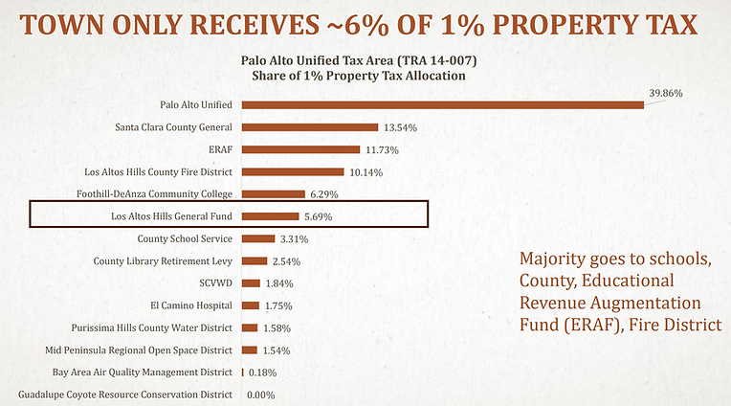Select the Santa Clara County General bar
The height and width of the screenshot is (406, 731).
310,127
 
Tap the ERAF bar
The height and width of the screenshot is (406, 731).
301,149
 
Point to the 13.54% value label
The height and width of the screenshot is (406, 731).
400,127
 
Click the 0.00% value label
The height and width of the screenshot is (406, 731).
262,395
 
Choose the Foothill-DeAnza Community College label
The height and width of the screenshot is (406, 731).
155,194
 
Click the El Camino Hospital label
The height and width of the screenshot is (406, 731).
191,305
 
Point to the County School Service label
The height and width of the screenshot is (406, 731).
186,238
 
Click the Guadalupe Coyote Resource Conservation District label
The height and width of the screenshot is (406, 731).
125,395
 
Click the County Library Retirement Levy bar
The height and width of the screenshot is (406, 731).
255,260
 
